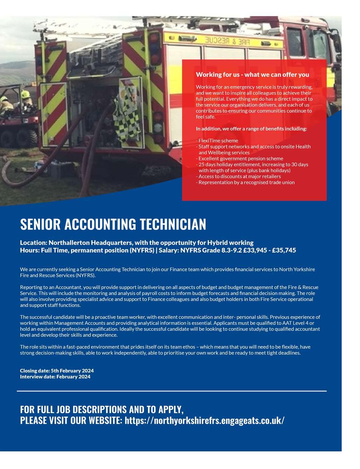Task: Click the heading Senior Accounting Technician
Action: coord(113,225)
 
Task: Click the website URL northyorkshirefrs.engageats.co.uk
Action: coord(205,420)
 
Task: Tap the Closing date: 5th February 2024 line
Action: coord(57,371)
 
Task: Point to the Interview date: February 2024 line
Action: coord(55,377)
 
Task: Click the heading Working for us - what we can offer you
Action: coord(252,75)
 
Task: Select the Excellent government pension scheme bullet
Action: coord(240,158)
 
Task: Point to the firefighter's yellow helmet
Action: coord(25,94)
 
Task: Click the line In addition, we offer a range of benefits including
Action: coord(251,129)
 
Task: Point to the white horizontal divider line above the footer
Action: coord(172,391)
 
